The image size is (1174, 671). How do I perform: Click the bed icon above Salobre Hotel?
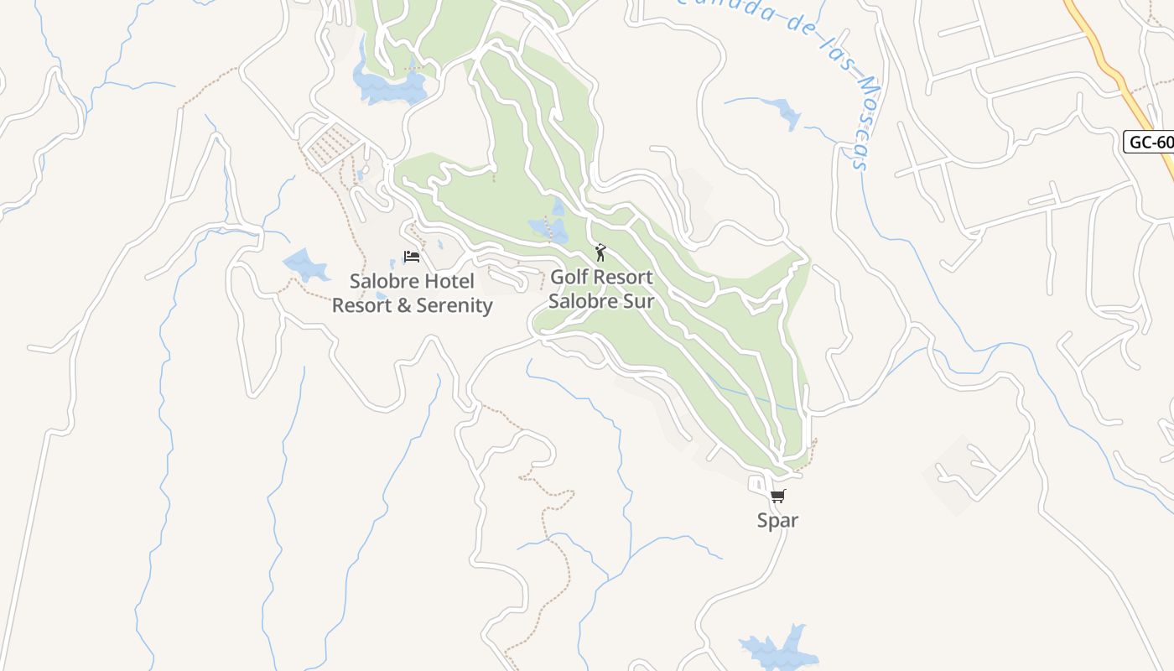pos(412,256)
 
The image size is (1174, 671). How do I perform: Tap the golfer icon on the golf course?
pos(600,252)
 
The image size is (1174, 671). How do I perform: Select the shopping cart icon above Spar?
pos(777,496)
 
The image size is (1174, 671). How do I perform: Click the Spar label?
pos(777,520)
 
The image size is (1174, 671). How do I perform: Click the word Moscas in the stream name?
pos(855,117)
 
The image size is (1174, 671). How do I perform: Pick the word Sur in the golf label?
pos(637,299)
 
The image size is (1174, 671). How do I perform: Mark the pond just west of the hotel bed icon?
pos(305,265)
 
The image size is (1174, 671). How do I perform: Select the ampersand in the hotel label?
pos(404,305)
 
